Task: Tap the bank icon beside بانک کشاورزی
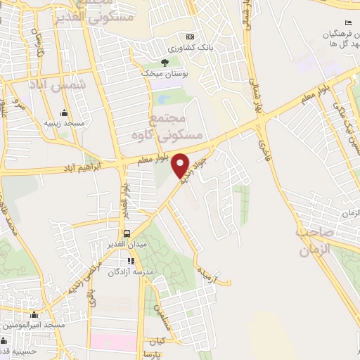point(189,37)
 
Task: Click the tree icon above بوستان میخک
point(165,62)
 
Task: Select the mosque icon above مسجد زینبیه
point(64,112)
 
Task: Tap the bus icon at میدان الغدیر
point(126,233)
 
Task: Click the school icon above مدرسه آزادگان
point(131,261)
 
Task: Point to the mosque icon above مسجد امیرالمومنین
point(34,315)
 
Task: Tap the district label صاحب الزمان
point(314,240)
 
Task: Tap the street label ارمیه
point(204,269)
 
